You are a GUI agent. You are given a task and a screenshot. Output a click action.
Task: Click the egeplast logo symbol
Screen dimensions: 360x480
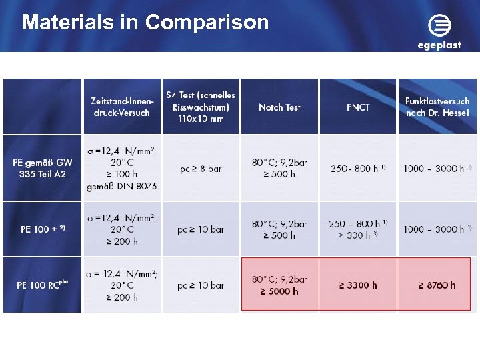439,26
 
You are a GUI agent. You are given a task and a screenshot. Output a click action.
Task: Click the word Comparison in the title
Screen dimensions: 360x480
207,23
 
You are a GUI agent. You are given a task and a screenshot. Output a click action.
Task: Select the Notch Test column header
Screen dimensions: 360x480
279,107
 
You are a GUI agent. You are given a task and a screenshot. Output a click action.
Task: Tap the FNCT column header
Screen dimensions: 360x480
358,107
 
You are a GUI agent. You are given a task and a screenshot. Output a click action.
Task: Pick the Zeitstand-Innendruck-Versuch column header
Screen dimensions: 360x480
122,107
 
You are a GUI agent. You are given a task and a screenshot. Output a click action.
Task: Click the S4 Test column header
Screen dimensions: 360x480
200,107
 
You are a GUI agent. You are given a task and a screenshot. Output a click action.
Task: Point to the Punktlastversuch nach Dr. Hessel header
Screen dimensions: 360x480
437,107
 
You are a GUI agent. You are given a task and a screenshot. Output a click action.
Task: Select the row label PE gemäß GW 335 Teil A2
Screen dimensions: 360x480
43,168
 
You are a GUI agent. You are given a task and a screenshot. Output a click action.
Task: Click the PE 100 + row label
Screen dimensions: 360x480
43,229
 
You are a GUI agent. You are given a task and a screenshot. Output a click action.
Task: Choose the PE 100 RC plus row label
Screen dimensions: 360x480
43,285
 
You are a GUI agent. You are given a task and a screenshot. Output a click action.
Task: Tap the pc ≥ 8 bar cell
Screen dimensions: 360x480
200,169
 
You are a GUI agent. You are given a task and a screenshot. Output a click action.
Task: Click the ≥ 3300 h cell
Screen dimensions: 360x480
358,285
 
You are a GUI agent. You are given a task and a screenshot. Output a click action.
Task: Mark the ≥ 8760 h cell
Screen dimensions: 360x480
437,285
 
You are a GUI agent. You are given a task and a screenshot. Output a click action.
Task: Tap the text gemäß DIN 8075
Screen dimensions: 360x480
122,187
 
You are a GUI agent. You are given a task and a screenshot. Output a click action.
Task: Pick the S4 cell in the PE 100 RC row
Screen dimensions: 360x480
200,285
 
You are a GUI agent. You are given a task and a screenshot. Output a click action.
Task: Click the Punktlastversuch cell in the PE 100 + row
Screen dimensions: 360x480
437,229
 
